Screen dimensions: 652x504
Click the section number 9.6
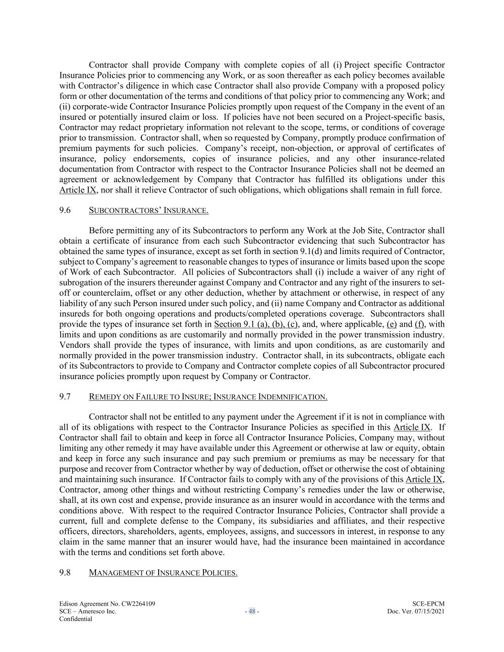pyautogui.click(x=65, y=210)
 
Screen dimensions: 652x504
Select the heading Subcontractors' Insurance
pyautogui.click(x=148, y=210)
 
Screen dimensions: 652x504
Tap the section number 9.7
pyautogui.click(x=65, y=396)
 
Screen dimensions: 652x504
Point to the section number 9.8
pyautogui.click(x=65, y=573)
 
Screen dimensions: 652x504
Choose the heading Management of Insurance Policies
pyautogui.click(x=163, y=573)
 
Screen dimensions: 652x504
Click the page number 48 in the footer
pyautogui.click(x=252, y=611)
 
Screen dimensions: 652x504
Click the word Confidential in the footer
pyautogui.click(x=75, y=619)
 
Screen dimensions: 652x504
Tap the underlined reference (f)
pyautogui.click(x=419, y=324)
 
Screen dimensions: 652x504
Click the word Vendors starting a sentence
pyautogui.click(x=74, y=345)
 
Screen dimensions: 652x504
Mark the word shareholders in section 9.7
pyautogui.click(x=157, y=531)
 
